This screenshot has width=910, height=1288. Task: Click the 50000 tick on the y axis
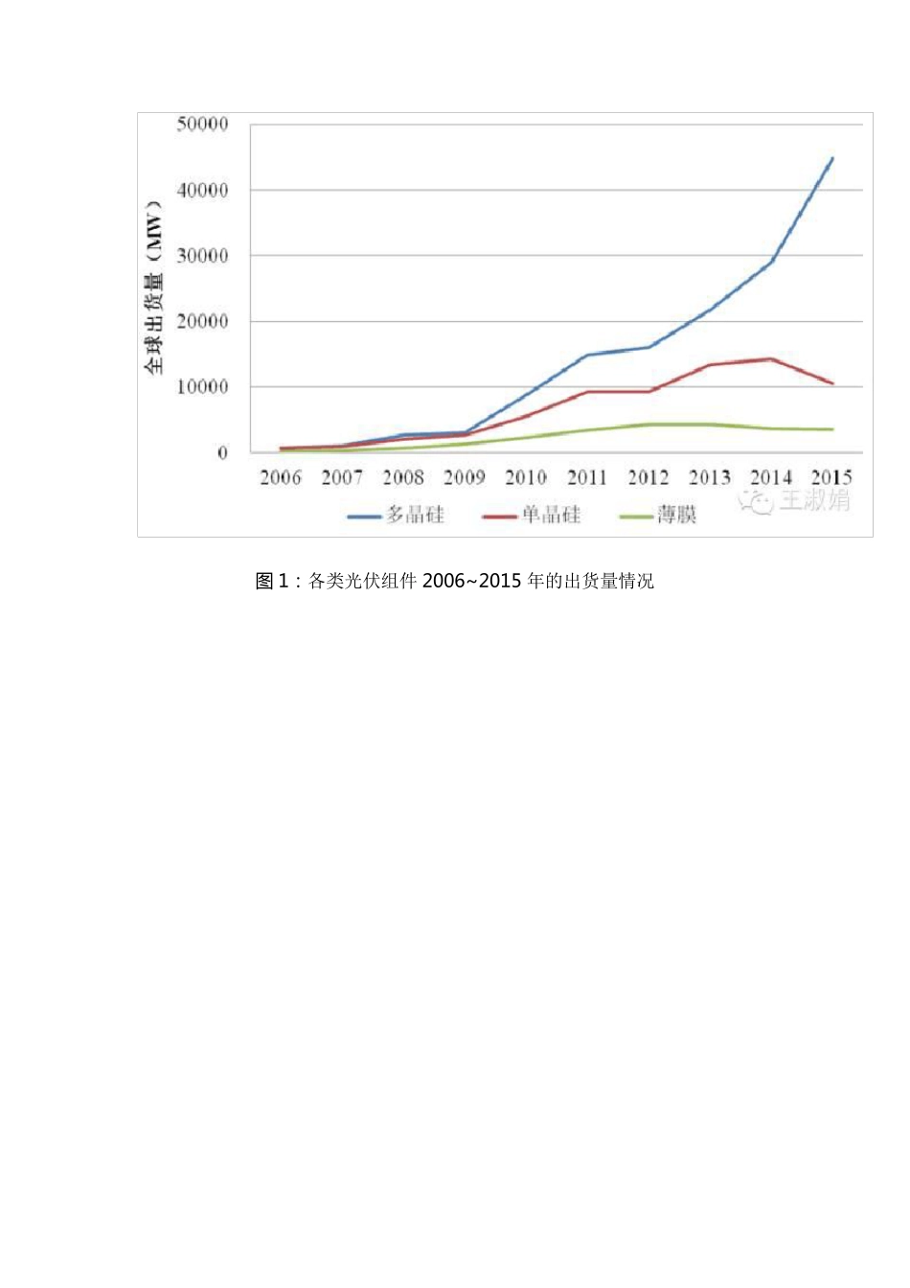(x=202, y=125)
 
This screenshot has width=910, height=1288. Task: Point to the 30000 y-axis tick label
(x=202, y=256)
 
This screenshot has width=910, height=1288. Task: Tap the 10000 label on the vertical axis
(x=202, y=387)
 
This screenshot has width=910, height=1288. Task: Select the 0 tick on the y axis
(x=222, y=452)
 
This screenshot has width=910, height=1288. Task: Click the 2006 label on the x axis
(x=281, y=477)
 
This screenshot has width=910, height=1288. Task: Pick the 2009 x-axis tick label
(x=465, y=477)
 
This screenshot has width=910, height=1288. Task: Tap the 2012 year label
(x=648, y=477)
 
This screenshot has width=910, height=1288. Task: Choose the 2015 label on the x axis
(x=831, y=477)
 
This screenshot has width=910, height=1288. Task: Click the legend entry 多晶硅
(x=416, y=516)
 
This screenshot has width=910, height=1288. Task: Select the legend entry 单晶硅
(x=551, y=516)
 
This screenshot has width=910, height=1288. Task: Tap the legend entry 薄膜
(x=676, y=516)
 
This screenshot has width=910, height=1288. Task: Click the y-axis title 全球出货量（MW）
(x=154, y=287)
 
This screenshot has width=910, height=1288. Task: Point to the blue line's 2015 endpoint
(x=832, y=158)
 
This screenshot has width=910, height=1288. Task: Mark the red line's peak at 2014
(x=771, y=359)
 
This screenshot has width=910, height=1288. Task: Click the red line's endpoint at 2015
(x=832, y=383)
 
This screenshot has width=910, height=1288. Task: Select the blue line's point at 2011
(x=587, y=356)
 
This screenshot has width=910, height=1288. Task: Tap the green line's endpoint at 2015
(x=832, y=429)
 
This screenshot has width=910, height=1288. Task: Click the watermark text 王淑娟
(x=814, y=500)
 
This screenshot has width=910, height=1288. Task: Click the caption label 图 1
(x=272, y=581)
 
